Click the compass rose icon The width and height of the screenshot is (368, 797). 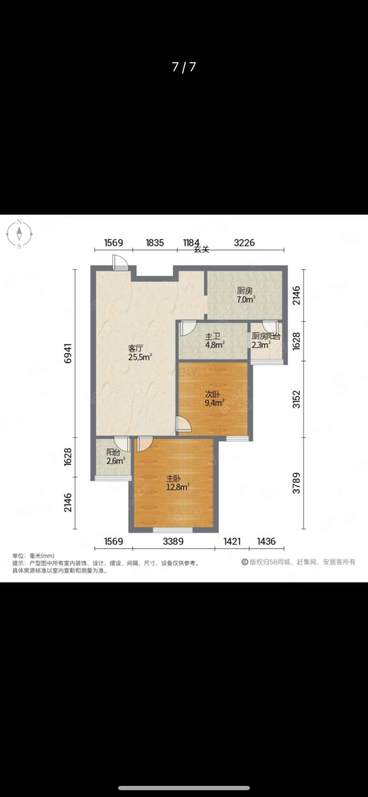19,234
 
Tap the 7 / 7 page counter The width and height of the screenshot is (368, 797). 184,67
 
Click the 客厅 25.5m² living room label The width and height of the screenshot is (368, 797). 140,353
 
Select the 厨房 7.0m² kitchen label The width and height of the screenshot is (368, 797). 246,295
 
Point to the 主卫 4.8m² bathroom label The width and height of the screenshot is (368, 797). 215,340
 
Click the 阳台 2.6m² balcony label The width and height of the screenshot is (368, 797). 115,457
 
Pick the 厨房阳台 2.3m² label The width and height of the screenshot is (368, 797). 265,340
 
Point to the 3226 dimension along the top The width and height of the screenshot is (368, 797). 244,243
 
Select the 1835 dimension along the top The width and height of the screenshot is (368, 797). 155,243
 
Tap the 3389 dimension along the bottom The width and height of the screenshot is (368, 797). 173,541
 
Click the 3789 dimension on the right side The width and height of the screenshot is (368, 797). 296,483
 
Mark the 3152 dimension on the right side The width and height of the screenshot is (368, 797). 296,399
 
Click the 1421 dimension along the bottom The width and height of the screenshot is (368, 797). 232,541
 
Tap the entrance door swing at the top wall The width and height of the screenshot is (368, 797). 120,262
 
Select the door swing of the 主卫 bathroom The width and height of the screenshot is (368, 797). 187,328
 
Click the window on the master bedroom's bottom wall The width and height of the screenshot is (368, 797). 172,530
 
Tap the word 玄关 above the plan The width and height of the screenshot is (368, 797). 202,249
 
